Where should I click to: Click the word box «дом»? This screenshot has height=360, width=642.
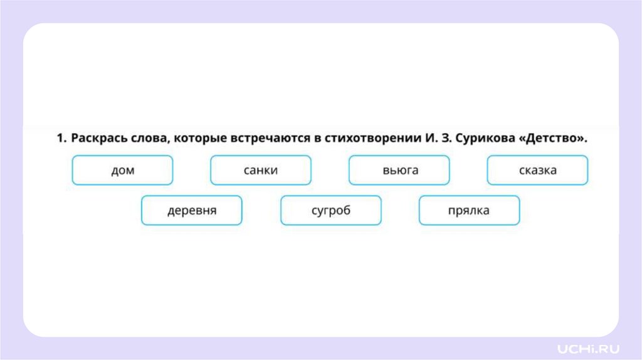122,170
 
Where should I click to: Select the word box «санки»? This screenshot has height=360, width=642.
261,170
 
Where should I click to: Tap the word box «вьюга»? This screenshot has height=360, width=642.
399,170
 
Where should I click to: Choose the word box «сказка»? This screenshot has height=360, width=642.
537,170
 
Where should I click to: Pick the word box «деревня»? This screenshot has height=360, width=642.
192,210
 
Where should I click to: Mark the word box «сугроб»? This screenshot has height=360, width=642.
330,210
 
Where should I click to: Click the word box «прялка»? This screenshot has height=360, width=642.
469,210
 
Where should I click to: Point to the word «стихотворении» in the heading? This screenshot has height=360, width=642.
369,139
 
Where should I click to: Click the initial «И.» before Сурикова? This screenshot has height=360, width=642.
422,139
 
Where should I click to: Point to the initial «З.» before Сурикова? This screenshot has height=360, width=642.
439,139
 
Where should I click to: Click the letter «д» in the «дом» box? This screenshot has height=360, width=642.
114,171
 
